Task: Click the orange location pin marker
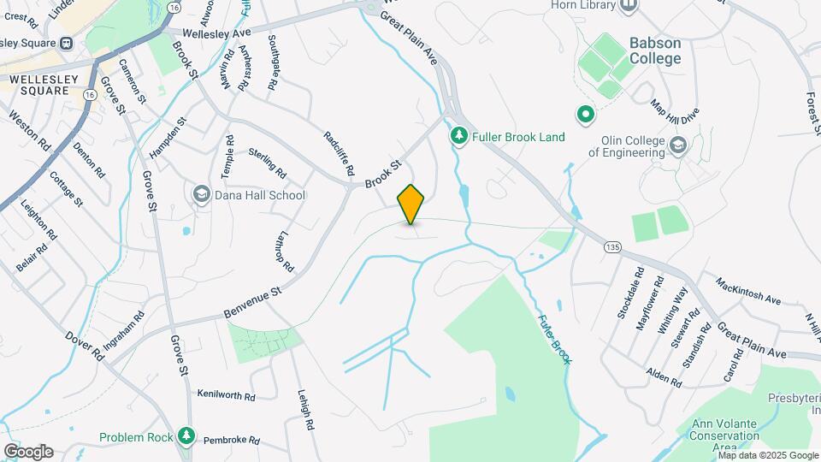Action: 411,204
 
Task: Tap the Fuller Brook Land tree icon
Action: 459,137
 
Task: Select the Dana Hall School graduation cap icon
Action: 202,195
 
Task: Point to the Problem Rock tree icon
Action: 186,437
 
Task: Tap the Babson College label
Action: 655,50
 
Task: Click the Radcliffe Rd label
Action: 339,154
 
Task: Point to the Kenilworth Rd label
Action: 226,395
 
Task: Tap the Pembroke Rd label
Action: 231,440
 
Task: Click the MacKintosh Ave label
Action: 748,289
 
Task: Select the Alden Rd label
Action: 663,376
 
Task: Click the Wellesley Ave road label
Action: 210,33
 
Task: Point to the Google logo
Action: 28,451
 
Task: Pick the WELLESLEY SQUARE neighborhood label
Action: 38,84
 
